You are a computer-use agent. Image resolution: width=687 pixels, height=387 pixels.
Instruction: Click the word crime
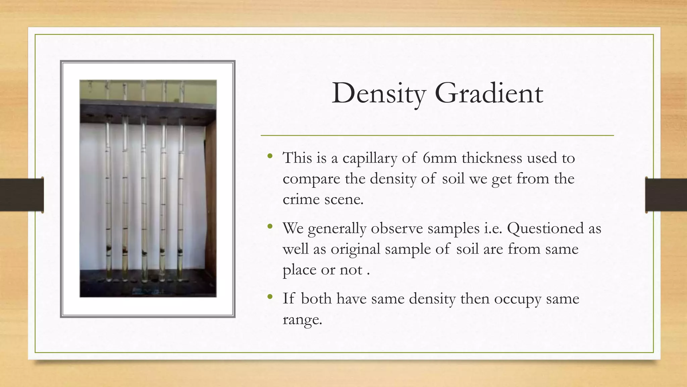(x=301, y=199)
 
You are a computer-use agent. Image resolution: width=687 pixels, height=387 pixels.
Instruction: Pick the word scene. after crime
(x=344, y=199)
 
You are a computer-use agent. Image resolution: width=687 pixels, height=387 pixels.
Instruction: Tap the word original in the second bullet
(x=355, y=250)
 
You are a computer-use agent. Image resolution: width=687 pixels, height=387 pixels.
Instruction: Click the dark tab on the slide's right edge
(x=666, y=195)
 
